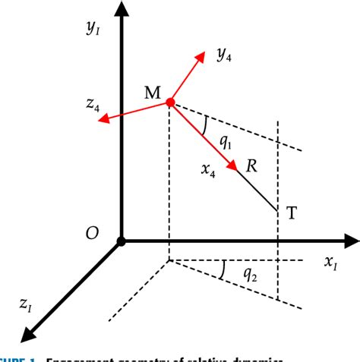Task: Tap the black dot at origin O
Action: click(x=120, y=242)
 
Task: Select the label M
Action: click(x=151, y=93)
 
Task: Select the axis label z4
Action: click(x=93, y=107)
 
